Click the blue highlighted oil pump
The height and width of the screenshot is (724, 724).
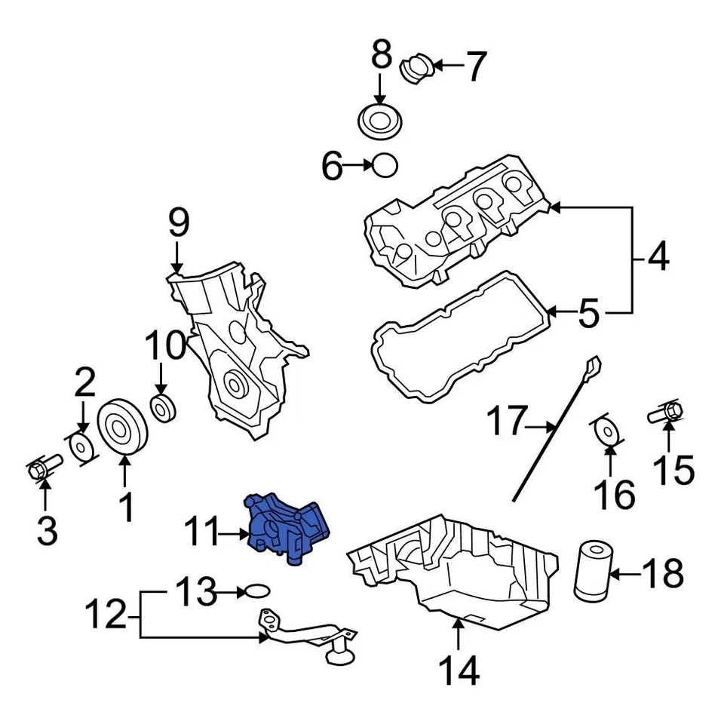pos(287,528)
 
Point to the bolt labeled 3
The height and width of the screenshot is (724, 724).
pos(38,471)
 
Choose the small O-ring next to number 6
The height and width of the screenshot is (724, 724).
pos(385,164)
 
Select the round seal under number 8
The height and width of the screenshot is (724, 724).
pos(379,121)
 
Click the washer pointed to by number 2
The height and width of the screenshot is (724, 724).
pos(81,447)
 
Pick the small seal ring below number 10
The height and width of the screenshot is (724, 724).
pos(163,408)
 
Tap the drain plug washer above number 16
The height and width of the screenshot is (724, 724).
pos(606,431)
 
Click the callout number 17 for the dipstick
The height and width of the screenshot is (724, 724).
pos(505,422)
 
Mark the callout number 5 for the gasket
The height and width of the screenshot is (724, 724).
pos(588,313)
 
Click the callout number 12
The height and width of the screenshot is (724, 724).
pos(105,615)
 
